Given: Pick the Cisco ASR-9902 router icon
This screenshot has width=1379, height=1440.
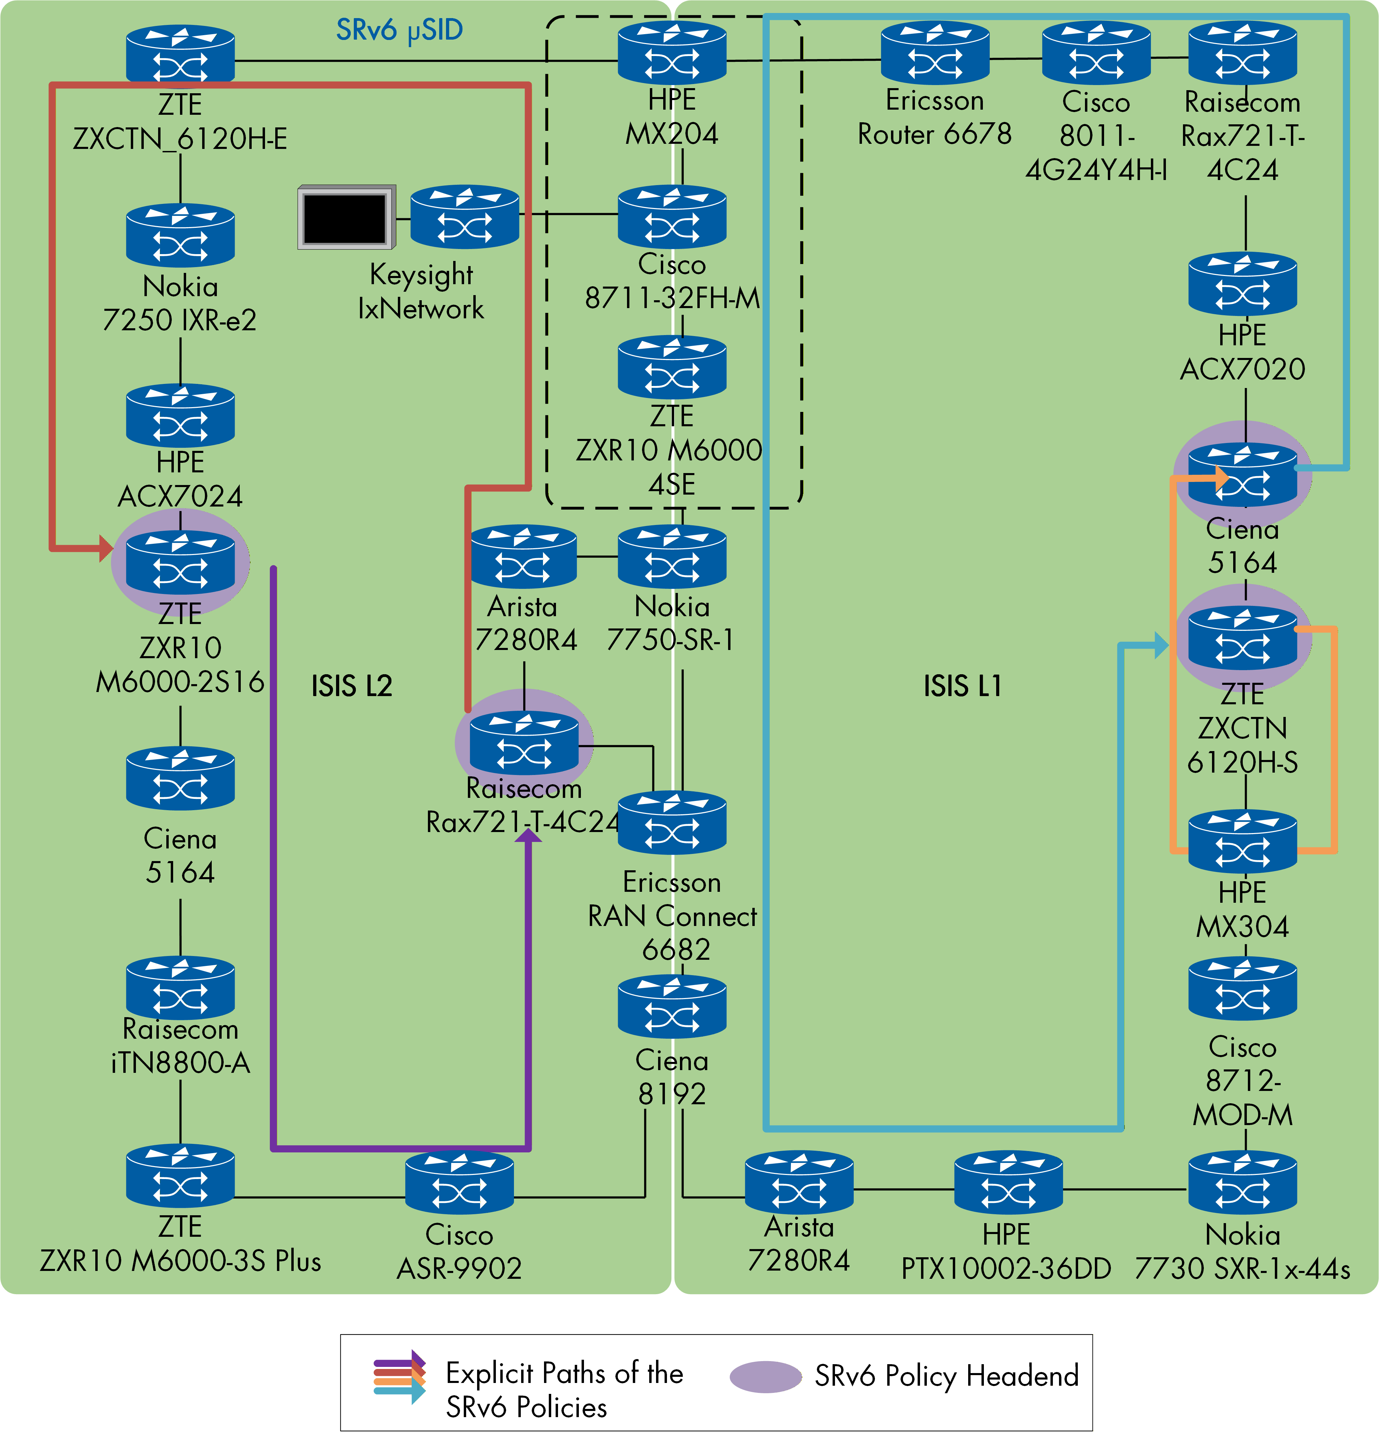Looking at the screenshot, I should (x=459, y=1183).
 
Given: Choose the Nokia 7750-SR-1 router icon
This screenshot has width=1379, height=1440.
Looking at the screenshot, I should (x=671, y=556).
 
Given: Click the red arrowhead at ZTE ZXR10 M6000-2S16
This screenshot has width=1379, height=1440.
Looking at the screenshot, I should (x=105, y=548).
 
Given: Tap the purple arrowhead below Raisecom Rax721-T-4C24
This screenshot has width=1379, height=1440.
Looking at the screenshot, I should (x=528, y=835).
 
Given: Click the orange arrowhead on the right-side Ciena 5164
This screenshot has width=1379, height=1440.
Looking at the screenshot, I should (x=1221, y=478).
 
